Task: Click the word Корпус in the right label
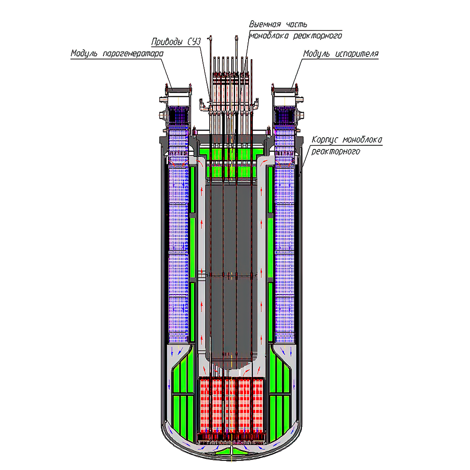coord(326,140)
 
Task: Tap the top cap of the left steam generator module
coord(178,88)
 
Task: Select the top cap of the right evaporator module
coord(285,88)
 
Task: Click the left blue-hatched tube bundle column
coord(178,249)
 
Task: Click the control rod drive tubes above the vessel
coord(230,85)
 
